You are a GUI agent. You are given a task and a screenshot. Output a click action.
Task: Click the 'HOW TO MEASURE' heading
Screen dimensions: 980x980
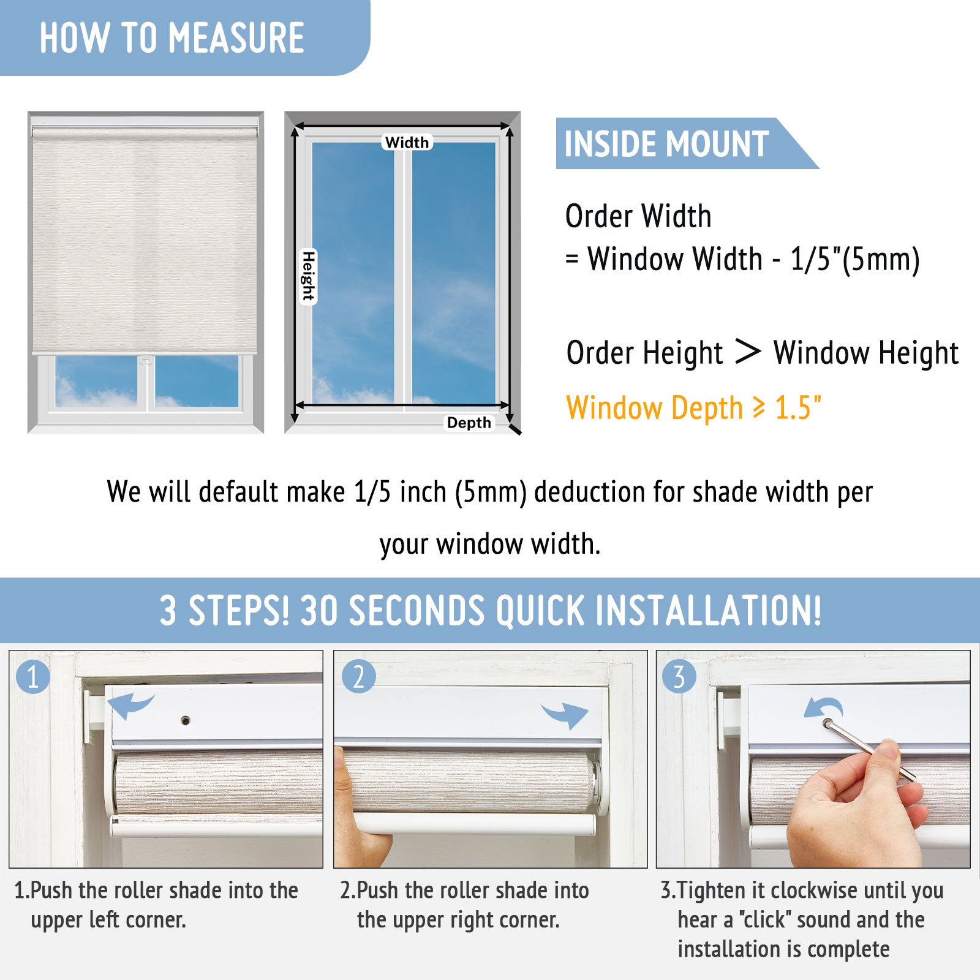[171, 38]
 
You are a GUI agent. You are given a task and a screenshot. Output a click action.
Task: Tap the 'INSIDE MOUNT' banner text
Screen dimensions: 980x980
[666, 144]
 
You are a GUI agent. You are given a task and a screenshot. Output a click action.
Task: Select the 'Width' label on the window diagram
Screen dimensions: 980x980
[407, 142]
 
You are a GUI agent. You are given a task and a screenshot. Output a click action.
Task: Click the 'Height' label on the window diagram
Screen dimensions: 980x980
[308, 276]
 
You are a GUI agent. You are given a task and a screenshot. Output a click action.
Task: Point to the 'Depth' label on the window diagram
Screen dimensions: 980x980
[469, 423]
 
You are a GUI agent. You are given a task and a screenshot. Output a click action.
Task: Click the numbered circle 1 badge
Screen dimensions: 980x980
[33, 677]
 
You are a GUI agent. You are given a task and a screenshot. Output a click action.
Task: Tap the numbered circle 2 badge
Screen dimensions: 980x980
[358, 677]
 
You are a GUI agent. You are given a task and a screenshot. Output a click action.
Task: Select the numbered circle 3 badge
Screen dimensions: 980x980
[679, 677]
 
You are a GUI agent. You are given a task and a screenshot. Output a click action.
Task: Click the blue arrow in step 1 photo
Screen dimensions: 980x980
[130, 706]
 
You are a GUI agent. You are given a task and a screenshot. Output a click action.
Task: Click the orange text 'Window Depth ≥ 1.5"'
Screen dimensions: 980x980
[694, 408]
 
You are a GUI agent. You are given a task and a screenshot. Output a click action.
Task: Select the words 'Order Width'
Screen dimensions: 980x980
[638, 216]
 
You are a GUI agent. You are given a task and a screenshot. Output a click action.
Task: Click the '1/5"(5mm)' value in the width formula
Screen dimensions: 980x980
[855, 259]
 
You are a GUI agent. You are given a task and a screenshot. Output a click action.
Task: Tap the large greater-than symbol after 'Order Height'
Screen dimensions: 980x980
[748, 352]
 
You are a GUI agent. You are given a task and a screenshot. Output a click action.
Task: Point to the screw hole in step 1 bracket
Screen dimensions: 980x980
[186, 720]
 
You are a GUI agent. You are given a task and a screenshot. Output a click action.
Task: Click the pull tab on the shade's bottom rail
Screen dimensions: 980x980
[146, 360]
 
